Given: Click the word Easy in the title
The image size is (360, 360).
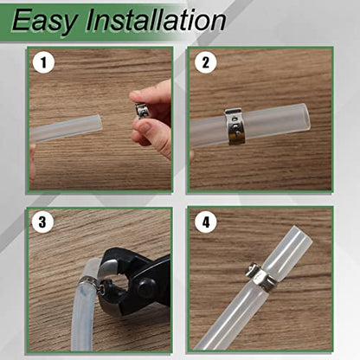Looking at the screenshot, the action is click(x=45, y=21).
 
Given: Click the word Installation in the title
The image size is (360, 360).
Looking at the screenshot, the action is click(x=156, y=20).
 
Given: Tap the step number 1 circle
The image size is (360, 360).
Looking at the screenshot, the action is click(x=43, y=62).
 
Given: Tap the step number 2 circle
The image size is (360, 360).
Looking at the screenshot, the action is click(x=205, y=62).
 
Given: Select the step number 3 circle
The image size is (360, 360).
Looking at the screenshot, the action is click(x=42, y=222).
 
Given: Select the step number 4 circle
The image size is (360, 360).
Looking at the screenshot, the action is click(x=205, y=222).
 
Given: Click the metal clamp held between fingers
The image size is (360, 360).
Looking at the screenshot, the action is click(x=141, y=112).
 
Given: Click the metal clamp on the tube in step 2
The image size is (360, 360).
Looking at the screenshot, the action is click(x=235, y=126).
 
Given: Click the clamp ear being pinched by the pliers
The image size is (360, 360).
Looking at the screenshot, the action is click(x=101, y=287).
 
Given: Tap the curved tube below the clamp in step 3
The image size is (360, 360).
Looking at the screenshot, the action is click(x=83, y=318).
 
